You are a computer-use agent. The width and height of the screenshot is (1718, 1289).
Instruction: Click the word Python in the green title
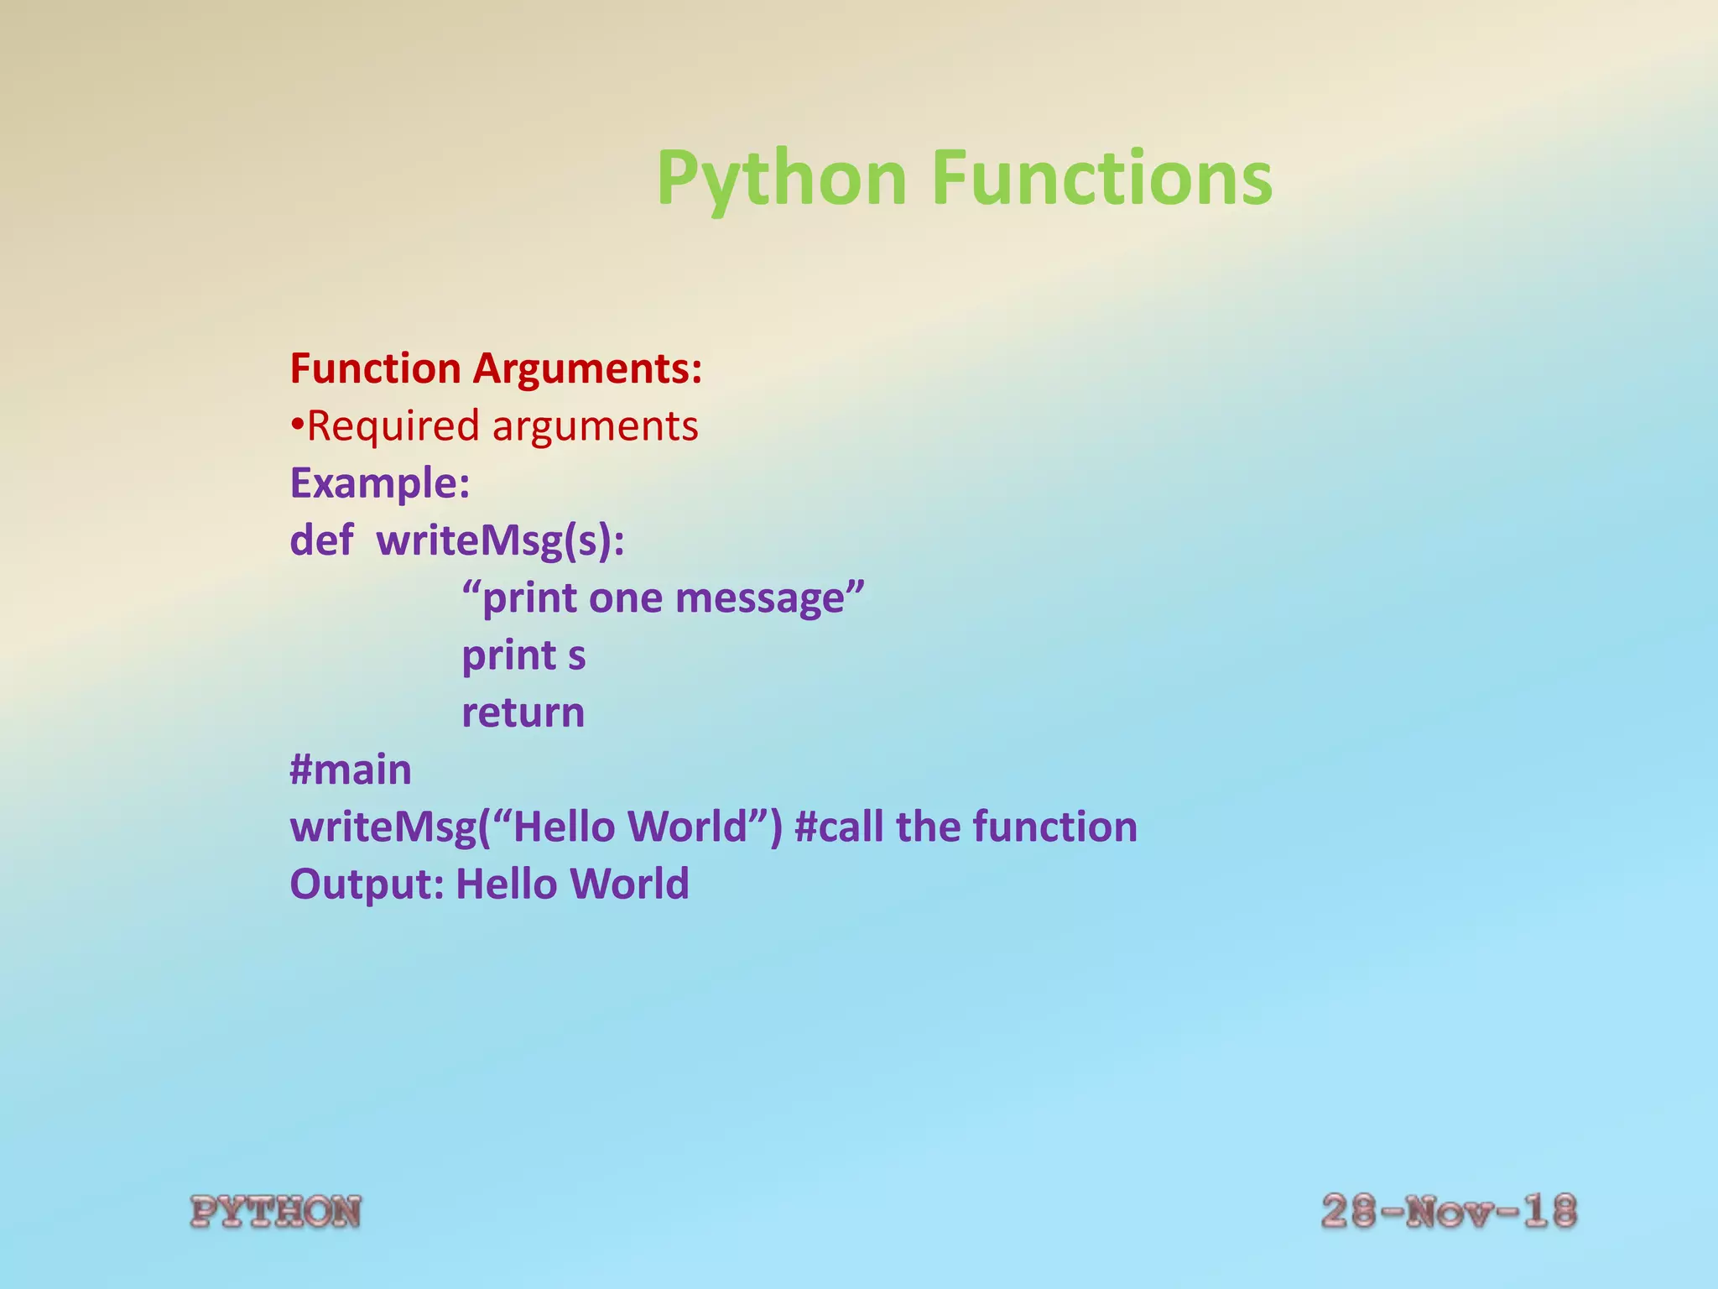click(781, 178)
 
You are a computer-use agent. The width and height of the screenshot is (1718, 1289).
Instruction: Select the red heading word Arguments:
click(587, 368)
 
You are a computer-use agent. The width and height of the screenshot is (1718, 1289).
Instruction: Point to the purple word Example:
click(379, 483)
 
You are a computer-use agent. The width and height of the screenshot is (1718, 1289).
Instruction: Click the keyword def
click(321, 540)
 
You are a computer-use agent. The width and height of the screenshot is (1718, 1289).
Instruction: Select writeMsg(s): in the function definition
click(501, 540)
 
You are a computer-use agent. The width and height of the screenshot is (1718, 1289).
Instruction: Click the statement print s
click(523, 655)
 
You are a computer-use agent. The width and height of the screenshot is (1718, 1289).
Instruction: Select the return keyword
click(523, 712)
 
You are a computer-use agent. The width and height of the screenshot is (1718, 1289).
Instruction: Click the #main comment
click(351, 770)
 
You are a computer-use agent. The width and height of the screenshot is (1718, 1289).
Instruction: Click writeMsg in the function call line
click(383, 827)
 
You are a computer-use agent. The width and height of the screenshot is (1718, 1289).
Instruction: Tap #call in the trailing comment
click(840, 827)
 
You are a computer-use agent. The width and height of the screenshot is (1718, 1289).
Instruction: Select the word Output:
click(367, 884)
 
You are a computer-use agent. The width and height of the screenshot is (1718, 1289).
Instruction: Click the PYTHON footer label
click(276, 1212)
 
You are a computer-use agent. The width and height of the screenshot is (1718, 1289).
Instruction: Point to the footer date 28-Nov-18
click(1449, 1212)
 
